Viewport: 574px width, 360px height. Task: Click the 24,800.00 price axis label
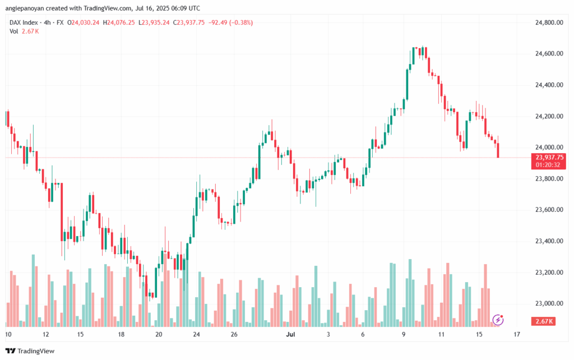coord(549,22)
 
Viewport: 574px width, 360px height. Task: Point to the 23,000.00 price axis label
coord(549,304)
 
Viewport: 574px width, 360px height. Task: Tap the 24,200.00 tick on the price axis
coord(549,117)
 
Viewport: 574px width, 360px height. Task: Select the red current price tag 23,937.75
coord(549,157)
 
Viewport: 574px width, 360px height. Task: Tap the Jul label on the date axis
coord(290,335)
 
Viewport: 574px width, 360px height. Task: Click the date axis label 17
coord(516,335)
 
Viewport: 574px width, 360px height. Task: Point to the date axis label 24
coord(196,335)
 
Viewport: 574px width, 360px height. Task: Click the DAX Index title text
coord(25,22)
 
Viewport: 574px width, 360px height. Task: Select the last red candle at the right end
coord(498,150)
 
